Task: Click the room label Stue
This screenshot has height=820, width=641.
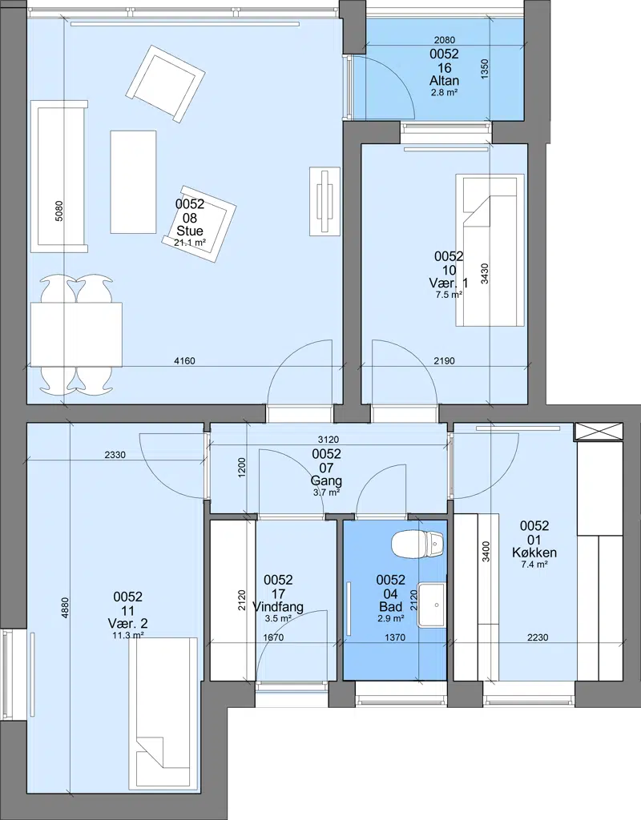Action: tap(190, 231)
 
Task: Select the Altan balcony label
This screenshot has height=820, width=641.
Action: tap(444, 81)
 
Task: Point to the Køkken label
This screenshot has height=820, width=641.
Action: tap(534, 553)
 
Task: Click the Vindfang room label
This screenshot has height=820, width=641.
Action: tap(278, 607)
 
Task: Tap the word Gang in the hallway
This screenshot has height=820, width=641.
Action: tap(327, 480)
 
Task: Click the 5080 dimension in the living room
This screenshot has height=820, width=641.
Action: tap(58, 211)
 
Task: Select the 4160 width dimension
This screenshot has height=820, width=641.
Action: tap(184, 361)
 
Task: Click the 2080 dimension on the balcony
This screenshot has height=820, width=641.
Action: tap(445, 40)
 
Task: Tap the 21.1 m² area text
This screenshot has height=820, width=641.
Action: tap(189, 242)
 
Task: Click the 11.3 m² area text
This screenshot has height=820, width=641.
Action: tap(128, 635)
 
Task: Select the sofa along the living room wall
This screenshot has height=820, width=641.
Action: tap(58, 176)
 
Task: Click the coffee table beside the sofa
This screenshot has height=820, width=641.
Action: tap(134, 182)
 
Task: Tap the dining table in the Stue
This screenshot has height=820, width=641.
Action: tap(76, 335)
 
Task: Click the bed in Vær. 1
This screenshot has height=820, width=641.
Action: tap(490, 250)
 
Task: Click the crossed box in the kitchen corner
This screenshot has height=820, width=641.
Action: tap(599, 432)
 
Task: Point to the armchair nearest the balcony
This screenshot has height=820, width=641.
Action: tap(165, 81)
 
